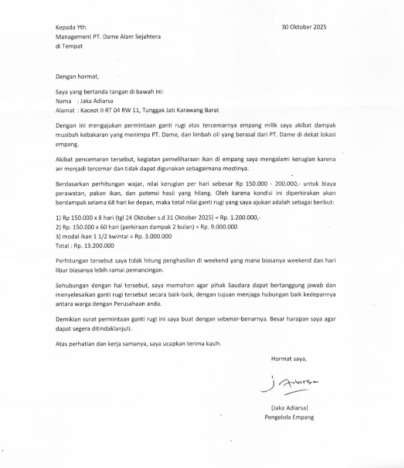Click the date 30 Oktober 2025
(x=304, y=27)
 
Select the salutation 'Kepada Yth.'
(x=72, y=27)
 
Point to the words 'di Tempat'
(x=69, y=46)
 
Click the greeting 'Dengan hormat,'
(x=77, y=77)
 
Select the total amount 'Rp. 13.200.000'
(x=94, y=245)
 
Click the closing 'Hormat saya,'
(x=289, y=359)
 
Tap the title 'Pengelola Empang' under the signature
(x=289, y=417)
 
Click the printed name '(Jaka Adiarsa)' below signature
(x=289, y=408)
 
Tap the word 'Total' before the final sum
(x=63, y=245)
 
